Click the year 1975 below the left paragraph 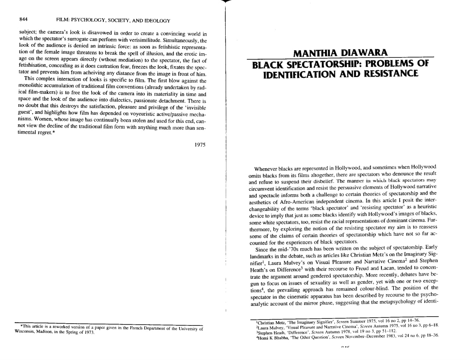click(x=199, y=145)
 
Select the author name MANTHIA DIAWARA click(x=341, y=53)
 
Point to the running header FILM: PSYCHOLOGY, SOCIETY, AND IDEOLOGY click(x=113, y=20)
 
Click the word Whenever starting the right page click(x=267, y=168)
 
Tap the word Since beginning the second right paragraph click(x=262, y=249)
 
